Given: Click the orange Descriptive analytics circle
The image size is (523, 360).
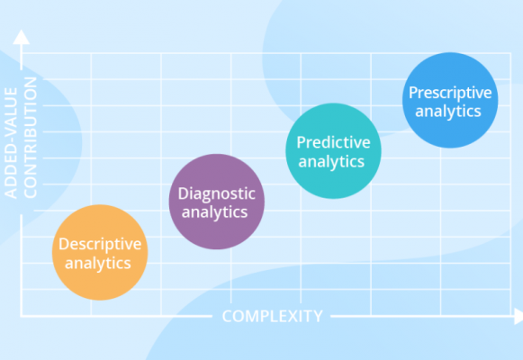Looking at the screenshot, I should click(x=100, y=253).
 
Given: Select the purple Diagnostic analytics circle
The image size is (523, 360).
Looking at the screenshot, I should click(x=216, y=202).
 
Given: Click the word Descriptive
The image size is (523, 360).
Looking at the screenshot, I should click(x=100, y=244).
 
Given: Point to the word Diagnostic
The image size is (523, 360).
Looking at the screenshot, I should click(x=216, y=193).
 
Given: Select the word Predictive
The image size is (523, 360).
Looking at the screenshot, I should click(x=331, y=142).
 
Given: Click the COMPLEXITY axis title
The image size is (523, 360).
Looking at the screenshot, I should click(x=272, y=316).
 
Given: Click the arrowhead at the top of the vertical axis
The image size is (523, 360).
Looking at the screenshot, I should click(x=23, y=37).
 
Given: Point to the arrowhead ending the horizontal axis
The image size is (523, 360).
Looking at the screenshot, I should click(x=518, y=316).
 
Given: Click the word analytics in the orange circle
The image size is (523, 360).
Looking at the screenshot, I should click(x=100, y=263).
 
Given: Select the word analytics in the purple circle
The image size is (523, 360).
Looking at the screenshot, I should click(x=216, y=212).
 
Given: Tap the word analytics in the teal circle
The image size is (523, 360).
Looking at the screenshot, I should click(x=331, y=162).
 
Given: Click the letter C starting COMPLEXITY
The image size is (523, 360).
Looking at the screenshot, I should click(x=227, y=316).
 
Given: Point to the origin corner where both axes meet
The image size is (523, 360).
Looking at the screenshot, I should click(x=23, y=316).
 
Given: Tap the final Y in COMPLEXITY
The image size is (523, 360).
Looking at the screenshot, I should click(x=317, y=316).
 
